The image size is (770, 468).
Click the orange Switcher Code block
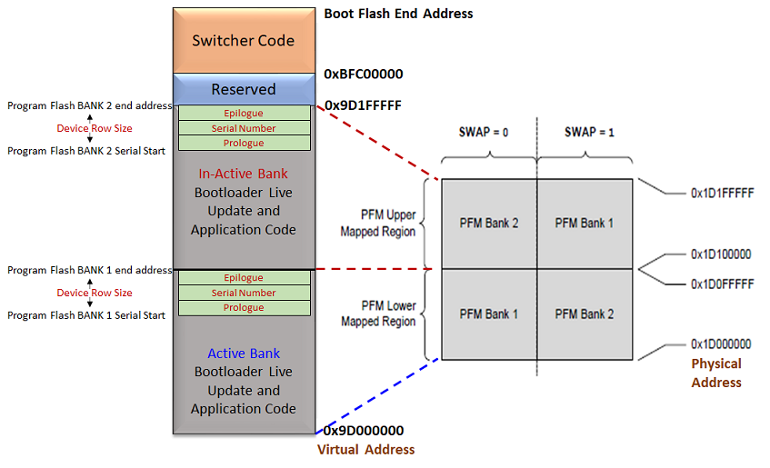tap(243, 41)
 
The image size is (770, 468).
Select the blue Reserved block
tap(243, 89)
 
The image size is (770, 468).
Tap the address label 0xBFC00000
tap(363, 74)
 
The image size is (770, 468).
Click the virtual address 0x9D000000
tap(364, 431)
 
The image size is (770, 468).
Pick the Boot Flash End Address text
tap(398, 14)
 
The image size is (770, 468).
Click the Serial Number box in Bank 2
tap(244, 128)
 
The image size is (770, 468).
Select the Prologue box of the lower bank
tap(244, 307)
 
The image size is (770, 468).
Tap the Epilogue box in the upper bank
tap(244, 114)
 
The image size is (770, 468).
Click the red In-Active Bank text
tap(243, 173)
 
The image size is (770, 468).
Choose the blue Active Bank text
tap(243, 353)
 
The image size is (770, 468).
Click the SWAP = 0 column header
tap(484, 132)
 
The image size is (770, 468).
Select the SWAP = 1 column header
tap(589, 132)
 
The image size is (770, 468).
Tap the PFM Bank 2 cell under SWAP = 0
tap(488, 223)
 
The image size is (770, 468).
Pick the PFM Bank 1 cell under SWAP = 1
tap(585, 223)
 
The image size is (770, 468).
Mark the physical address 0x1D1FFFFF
tap(721, 193)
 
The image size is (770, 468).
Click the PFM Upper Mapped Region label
tap(378, 224)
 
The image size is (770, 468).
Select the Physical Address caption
tap(716, 373)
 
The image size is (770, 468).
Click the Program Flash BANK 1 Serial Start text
tap(86, 315)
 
